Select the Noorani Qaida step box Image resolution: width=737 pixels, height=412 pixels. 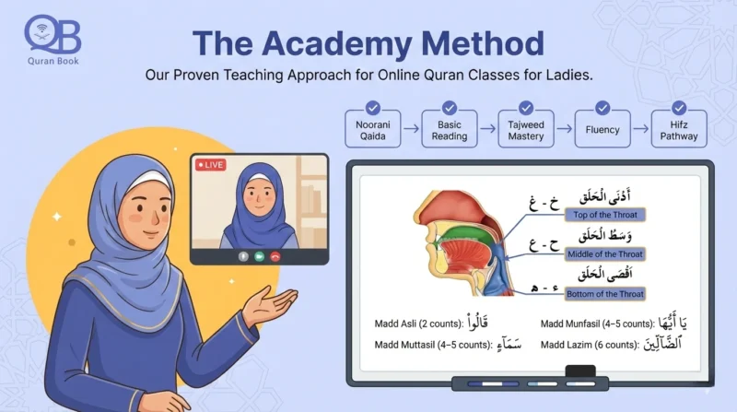372,130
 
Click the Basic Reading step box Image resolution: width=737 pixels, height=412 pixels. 450,130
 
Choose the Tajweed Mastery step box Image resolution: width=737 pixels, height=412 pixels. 526,130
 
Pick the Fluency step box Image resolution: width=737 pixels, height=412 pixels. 602,130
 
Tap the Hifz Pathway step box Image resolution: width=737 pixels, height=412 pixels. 679,130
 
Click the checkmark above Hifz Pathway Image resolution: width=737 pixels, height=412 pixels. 679,107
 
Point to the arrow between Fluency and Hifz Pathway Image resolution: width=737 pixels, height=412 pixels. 641,130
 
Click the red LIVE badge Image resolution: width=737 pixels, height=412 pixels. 211,165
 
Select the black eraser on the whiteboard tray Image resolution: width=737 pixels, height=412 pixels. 579,372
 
